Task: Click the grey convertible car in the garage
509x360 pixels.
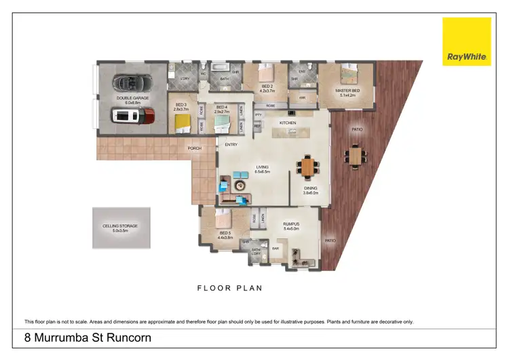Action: [x=129, y=83]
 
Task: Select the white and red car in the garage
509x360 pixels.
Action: [x=135, y=116]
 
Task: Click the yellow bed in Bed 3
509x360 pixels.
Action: [x=183, y=122]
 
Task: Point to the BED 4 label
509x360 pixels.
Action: [x=221, y=107]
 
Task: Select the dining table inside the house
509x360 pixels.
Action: [x=308, y=165]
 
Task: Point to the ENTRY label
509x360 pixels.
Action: [x=231, y=145]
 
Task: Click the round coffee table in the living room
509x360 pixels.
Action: [x=239, y=185]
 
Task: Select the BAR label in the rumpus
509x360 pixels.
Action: [x=276, y=248]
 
